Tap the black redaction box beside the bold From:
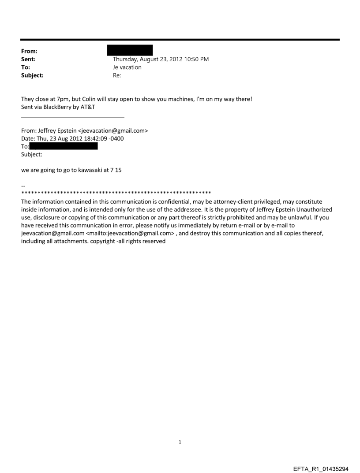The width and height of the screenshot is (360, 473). (x=133, y=50)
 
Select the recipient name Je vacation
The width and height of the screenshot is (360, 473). (x=127, y=67)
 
